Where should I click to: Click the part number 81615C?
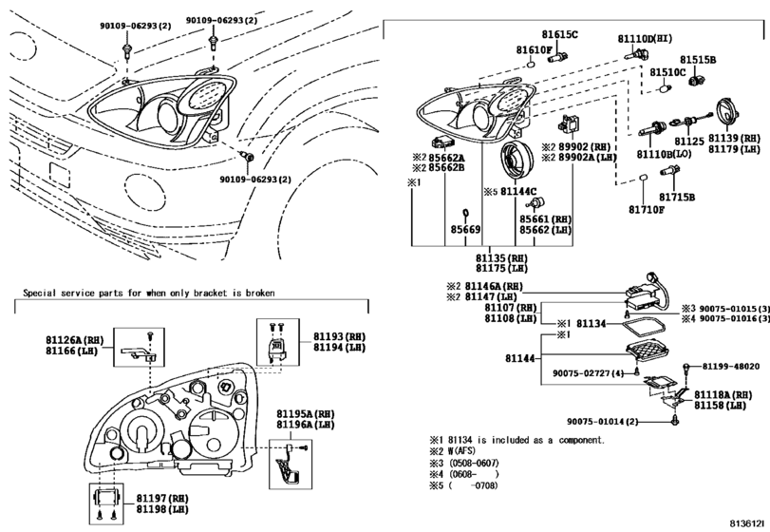[x=560, y=34]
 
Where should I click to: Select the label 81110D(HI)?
[x=645, y=38]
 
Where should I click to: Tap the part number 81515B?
[x=698, y=60]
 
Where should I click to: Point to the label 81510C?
[x=667, y=72]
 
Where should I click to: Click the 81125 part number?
[x=689, y=142]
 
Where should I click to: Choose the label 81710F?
[x=647, y=210]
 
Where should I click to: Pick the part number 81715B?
[x=677, y=197]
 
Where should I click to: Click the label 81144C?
[x=518, y=192]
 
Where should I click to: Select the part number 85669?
[x=465, y=229]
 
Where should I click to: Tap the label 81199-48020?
[x=731, y=367]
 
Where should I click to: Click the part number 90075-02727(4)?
[x=589, y=373]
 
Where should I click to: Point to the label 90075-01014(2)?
[x=603, y=422]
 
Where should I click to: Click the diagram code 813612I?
[x=748, y=523]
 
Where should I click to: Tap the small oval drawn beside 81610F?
[x=531, y=65]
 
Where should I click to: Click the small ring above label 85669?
[x=465, y=212]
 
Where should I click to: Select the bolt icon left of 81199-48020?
[x=687, y=368]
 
